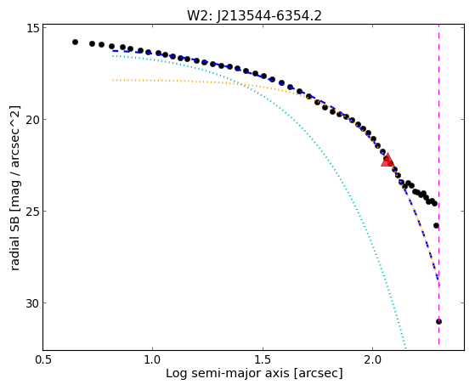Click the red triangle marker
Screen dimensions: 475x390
387,161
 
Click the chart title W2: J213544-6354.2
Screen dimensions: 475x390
254,15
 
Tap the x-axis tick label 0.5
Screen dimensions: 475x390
43,361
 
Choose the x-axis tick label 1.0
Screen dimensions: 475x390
153,361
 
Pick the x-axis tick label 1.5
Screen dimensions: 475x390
263,361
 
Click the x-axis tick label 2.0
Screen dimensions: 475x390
373,361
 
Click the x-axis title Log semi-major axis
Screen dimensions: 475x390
227,373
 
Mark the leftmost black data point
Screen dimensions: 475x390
75,42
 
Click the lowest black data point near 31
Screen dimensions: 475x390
438,321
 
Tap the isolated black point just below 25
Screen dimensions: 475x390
436,225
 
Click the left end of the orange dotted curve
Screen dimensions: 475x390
113,80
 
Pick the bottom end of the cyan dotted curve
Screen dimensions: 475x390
405,348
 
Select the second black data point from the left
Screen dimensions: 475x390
92,43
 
